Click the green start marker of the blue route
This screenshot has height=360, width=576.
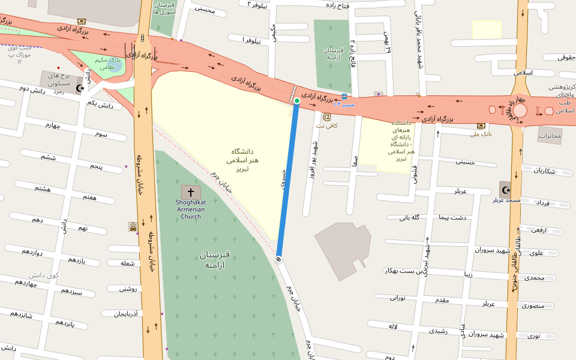[296, 101]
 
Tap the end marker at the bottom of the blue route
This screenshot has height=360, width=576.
[279, 259]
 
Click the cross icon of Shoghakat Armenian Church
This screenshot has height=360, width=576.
[191, 193]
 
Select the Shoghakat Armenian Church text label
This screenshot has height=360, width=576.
[191, 209]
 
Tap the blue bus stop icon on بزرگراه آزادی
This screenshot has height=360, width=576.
[344, 96]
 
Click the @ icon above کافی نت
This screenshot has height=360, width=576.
[327, 117]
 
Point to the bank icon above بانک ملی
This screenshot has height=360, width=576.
[481, 125]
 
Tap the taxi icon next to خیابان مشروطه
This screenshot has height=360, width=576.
[133, 227]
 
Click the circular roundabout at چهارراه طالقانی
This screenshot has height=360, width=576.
[520, 110]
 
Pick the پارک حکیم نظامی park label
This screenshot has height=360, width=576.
[108, 64]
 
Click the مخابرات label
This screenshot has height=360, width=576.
[549, 136]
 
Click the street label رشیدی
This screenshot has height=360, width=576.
[438, 331]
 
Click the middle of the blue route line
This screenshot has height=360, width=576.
[288, 180]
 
